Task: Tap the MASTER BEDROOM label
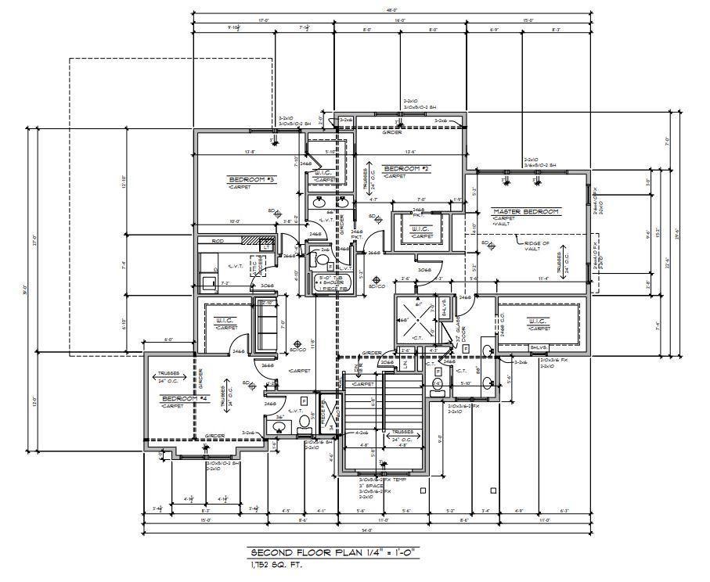(x=525, y=211)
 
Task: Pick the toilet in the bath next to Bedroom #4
(x=305, y=424)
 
